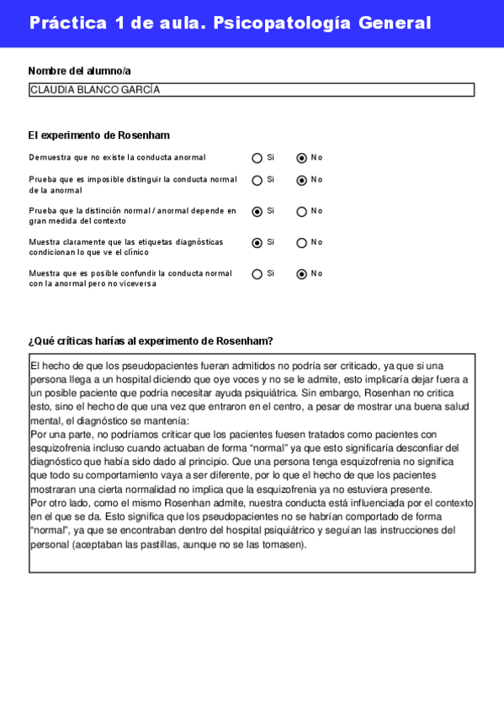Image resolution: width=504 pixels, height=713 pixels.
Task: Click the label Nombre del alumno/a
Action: coord(79,71)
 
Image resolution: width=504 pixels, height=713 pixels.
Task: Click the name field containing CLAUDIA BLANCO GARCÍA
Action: coord(251,90)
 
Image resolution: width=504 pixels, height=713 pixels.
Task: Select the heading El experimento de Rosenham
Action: coord(99,135)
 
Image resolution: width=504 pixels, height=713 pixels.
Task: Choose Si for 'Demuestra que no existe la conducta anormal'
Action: coord(257,158)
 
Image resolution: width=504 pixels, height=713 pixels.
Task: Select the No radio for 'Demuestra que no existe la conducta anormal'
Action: coord(301,158)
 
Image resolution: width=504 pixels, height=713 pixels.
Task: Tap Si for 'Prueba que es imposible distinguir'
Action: coord(257,180)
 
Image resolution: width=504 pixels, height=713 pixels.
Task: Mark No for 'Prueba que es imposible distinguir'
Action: coord(301,180)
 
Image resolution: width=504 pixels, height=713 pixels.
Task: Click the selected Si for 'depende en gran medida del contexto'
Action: coord(257,212)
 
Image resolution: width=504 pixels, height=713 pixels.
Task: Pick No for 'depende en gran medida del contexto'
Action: coord(301,212)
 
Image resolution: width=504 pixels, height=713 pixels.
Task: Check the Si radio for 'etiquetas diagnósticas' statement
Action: coord(257,243)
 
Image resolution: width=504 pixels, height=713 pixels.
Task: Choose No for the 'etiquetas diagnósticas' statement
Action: coord(301,243)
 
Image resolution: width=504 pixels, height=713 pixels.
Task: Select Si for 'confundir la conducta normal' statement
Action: coord(257,274)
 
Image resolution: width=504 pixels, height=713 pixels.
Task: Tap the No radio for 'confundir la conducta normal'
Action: coord(301,274)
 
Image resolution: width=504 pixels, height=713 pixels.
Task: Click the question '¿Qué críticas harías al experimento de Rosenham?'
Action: coord(151,341)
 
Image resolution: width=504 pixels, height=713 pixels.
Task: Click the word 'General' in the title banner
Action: coord(395,23)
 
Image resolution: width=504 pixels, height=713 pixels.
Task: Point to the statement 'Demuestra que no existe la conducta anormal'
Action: coord(117,158)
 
